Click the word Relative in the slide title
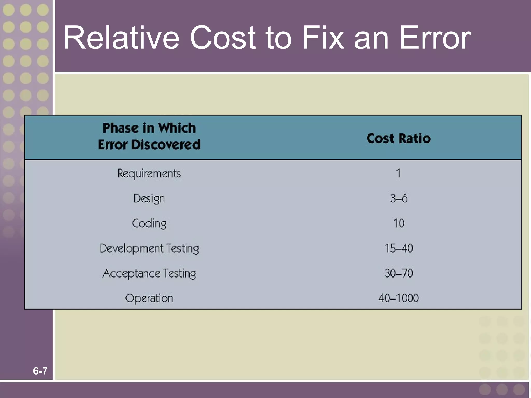pyautogui.click(x=121, y=38)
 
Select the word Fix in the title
pyautogui.click(x=323, y=38)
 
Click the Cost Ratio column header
pyautogui.click(x=399, y=138)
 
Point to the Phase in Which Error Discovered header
pyautogui.click(x=149, y=136)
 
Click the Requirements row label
pyautogui.click(x=149, y=174)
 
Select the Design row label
pyautogui.click(x=149, y=199)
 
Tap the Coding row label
pyautogui.click(x=149, y=224)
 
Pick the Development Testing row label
pyautogui.click(x=149, y=248)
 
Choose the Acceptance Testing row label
pyautogui.click(x=149, y=273)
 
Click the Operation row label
pyautogui.click(x=149, y=298)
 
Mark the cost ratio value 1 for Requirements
pyautogui.click(x=399, y=173)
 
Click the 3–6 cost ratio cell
pyautogui.click(x=399, y=198)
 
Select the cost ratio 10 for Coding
pyautogui.click(x=399, y=223)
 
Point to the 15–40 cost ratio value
pyautogui.click(x=399, y=248)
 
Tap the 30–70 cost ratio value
pyautogui.click(x=399, y=273)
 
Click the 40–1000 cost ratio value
pyautogui.click(x=399, y=298)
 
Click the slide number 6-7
pyautogui.click(x=40, y=371)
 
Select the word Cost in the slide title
pyautogui.click(x=222, y=38)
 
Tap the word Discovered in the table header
pyautogui.click(x=166, y=145)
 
